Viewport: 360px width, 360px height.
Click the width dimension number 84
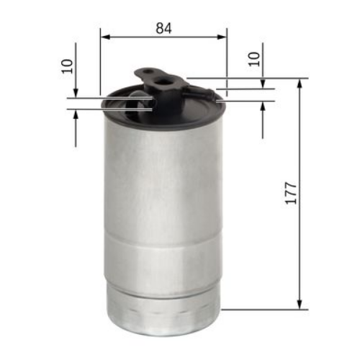click(163, 28)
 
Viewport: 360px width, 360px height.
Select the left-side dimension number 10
click(68, 66)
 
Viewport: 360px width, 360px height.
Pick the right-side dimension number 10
click(253, 58)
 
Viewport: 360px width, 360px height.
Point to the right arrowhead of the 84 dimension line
click(222, 36)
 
